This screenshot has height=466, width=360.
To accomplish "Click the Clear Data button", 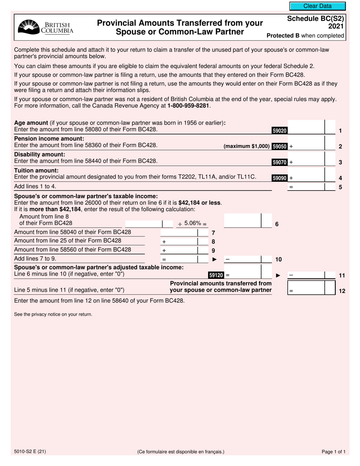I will [x=317, y=6].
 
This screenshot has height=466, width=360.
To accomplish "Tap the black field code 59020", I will [x=280, y=131].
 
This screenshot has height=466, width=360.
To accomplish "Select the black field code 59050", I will [x=280, y=146].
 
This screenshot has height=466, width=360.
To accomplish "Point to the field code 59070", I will [x=280, y=162].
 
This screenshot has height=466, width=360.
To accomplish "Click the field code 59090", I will [x=280, y=178].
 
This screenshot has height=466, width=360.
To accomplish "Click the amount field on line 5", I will [x=307, y=186].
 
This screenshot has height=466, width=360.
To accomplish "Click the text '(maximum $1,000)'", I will [x=247, y=146].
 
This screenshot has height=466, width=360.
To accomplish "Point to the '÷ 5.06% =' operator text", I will [x=193, y=224].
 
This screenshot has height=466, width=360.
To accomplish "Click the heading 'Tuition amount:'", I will [x=36, y=170].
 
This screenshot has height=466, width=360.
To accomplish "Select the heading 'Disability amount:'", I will [x=39, y=155].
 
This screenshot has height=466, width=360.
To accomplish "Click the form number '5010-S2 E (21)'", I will [x=30, y=452].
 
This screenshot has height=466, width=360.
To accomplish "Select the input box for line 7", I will [x=179, y=232].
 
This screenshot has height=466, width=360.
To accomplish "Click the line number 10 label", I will [x=278, y=260].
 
